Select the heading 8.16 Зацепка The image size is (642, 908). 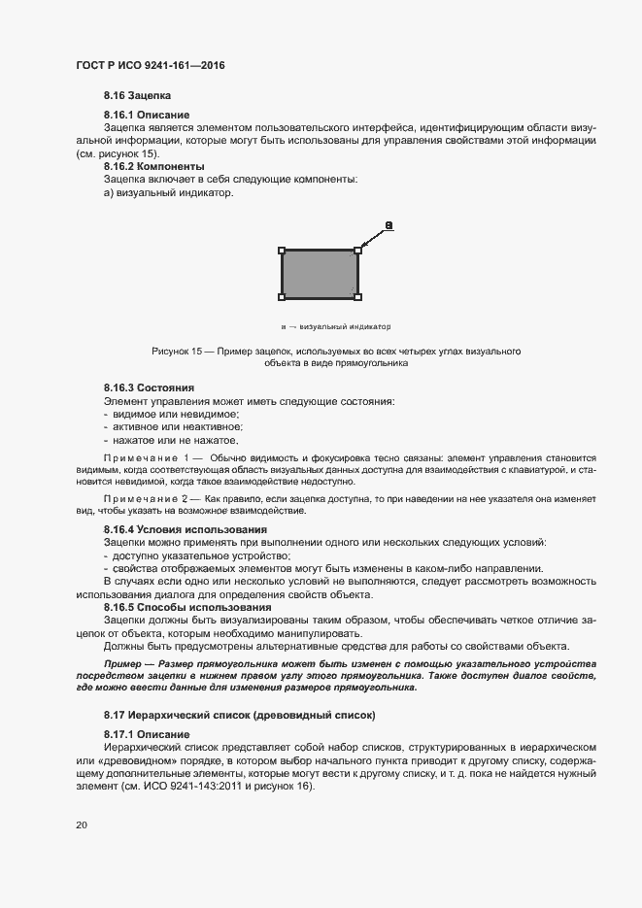click(x=137, y=96)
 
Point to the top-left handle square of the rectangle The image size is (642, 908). click(x=283, y=251)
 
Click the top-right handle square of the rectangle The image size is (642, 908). click(x=357, y=251)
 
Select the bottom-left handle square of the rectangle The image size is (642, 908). click(x=283, y=296)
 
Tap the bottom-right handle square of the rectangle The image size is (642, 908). click(x=357, y=296)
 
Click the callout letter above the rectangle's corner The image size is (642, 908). click(x=389, y=226)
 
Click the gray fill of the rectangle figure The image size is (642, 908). click(x=320, y=274)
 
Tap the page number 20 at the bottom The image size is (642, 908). click(x=82, y=824)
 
